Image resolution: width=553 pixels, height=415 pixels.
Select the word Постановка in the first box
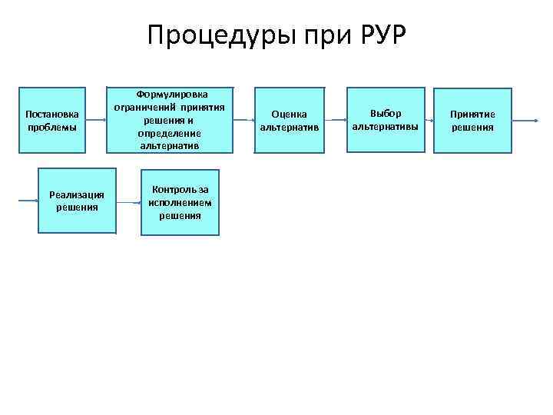point(51,114)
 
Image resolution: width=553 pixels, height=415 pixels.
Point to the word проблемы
point(51,127)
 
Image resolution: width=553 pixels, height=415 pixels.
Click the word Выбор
point(386,113)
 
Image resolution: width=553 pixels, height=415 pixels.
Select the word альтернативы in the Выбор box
point(386,126)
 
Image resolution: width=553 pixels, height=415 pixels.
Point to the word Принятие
point(472,114)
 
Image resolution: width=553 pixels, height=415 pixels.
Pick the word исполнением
point(180,202)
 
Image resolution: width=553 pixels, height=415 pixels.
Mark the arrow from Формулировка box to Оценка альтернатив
point(246,121)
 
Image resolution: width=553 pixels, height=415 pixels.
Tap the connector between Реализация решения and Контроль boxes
point(128,201)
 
